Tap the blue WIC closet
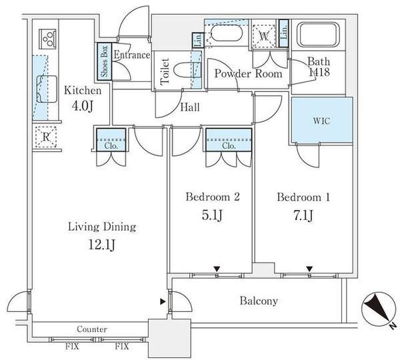(x=322, y=119)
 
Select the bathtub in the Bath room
(x=319, y=35)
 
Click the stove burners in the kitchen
(x=47, y=39)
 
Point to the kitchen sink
(x=47, y=89)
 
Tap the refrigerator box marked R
(x=46, y=137)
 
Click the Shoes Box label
(x=105, y=61)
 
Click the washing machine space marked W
(x=265, y=37)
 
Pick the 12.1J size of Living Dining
(x=101, y=245)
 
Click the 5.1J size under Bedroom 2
(x=212, y=215)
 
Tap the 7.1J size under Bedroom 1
(x=303, y=215)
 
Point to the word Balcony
(x=259, y=301)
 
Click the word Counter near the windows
(x=92, y=329)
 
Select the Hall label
(x=190, y=107)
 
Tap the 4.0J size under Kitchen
(x=82, y=107)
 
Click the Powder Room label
(x=248, y=74)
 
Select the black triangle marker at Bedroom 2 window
(x=217, y=269)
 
